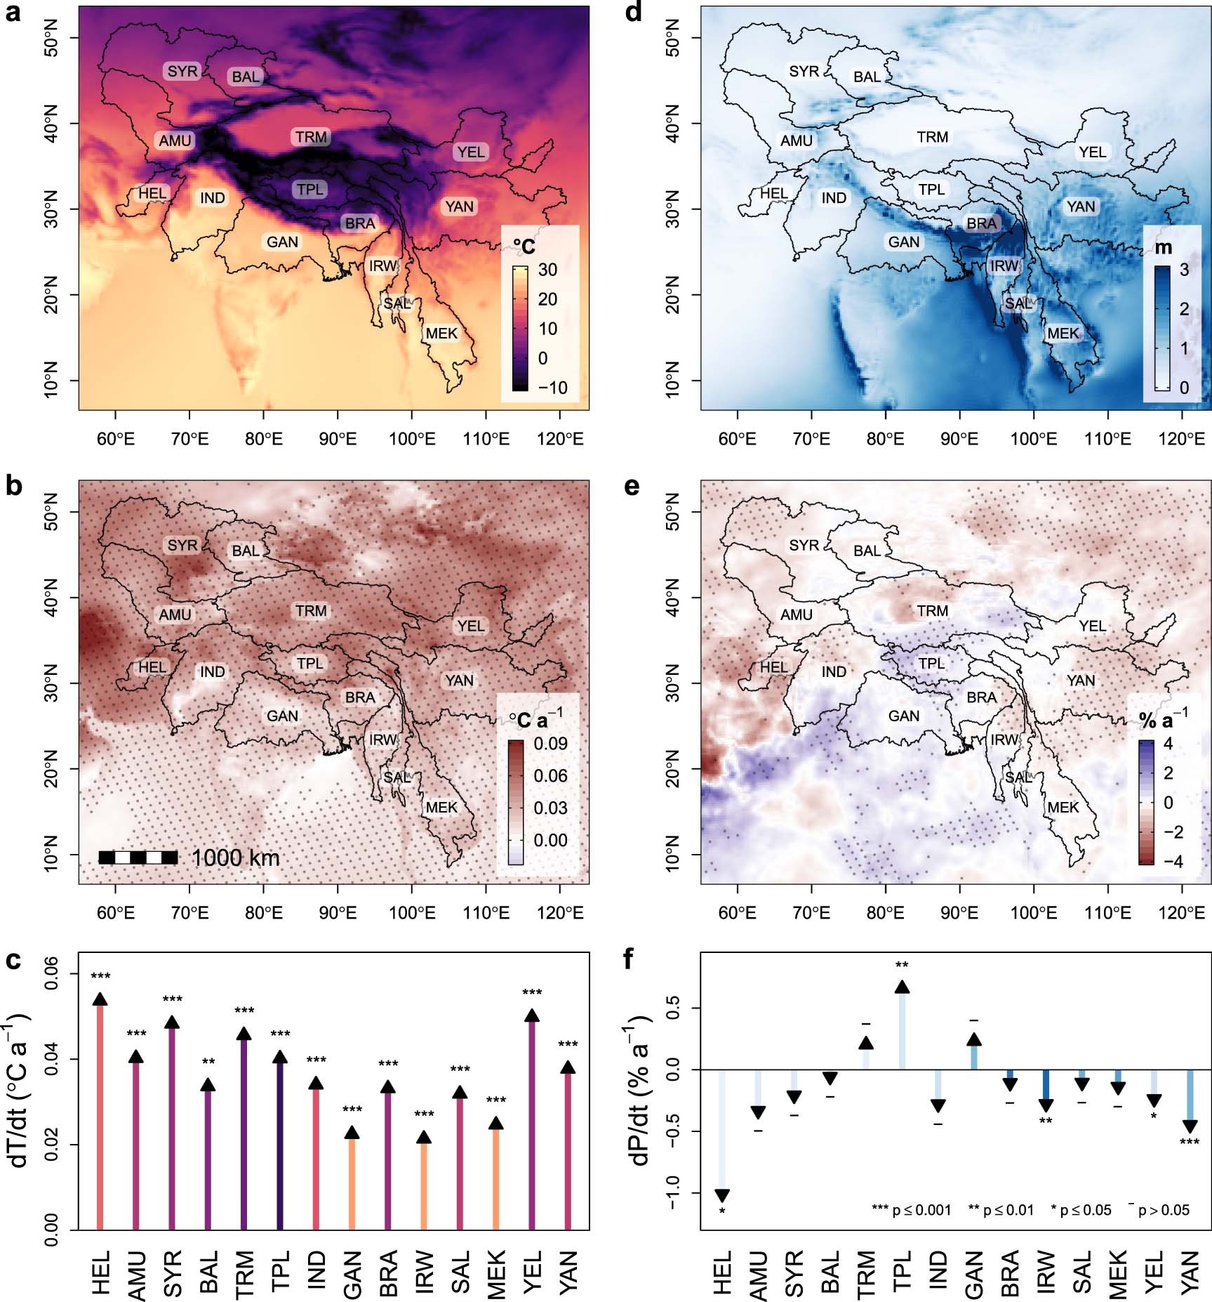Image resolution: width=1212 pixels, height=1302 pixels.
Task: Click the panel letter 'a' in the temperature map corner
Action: click(x=12, y=12)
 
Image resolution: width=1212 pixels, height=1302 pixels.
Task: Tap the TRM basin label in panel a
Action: click(x=311, y=137)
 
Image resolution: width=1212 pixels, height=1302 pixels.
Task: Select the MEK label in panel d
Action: click(x=1063, y=334)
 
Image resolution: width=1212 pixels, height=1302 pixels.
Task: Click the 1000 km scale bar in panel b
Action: click(x=138, y=857)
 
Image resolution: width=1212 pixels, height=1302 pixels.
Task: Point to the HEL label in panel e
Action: click(x=773, y=667)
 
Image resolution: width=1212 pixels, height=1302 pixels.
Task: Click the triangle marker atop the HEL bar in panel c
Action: click(x=100, y=999)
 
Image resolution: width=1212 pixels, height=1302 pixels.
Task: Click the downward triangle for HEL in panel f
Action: click(x=721, y=1196)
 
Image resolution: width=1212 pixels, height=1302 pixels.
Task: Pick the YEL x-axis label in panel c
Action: click(x=532, y=1271)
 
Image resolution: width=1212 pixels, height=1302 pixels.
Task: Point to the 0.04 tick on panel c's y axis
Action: click(x=53, y=1059)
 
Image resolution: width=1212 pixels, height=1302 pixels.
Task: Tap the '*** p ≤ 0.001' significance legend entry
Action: click(x=911, y=1210)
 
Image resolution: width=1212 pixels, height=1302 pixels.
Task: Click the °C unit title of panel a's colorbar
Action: click(x=524, y=246)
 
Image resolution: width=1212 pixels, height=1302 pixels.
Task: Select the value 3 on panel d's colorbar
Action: click(x=1184, y=270)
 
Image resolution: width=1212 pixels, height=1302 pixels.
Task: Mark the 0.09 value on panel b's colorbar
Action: click(x=550, y=743)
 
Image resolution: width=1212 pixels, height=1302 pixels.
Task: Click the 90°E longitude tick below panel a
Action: click(x=338, y=439)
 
